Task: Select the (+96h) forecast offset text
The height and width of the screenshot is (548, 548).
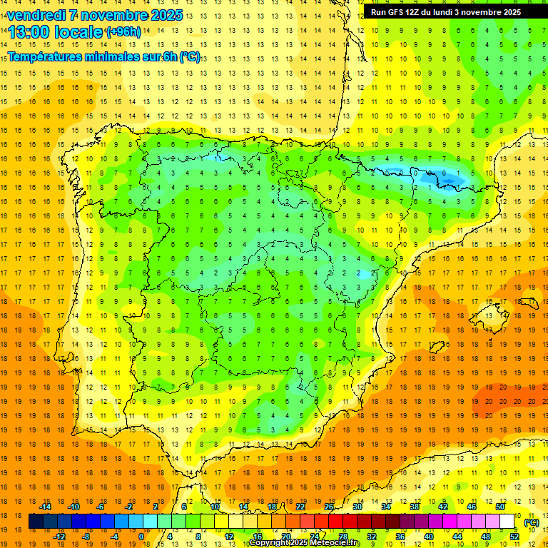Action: [x=123, y=31]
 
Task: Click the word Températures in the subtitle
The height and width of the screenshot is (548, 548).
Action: [x=44, y=57]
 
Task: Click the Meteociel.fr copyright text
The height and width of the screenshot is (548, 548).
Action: [x=305, y=543]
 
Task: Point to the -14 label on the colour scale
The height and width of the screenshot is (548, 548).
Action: [x=45, y=507]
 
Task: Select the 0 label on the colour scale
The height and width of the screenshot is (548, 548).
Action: [x=141, y=537]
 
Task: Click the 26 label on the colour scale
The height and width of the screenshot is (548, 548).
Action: [x=329, y=507]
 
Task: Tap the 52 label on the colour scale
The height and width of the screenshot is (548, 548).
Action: [x=514, y=537]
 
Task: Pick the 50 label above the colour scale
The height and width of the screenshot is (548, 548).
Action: [x=500, y=507]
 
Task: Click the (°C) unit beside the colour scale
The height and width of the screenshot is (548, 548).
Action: [x=532, y=522]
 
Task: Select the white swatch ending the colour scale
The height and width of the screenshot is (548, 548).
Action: [x=507, y=522]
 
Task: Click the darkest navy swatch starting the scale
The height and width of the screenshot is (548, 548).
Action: [x=36, y=522]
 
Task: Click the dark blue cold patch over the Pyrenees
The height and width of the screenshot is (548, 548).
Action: [x=435, y=176]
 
